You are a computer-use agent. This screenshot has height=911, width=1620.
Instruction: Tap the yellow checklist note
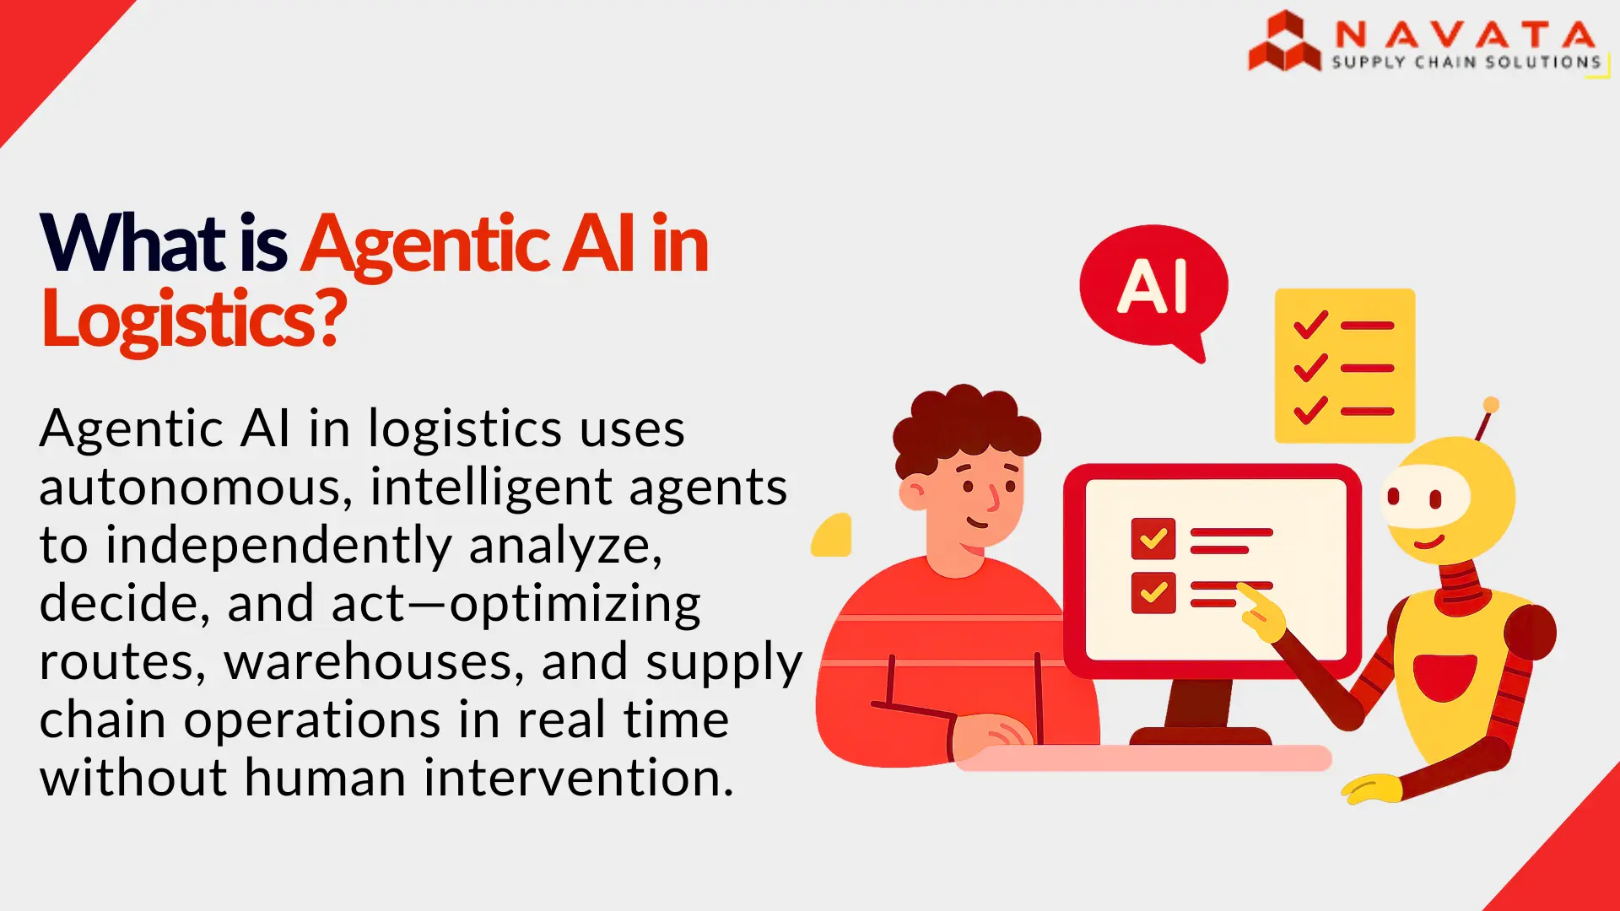point(1344,365)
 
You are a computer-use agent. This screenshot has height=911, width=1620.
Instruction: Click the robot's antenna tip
point(1491,405)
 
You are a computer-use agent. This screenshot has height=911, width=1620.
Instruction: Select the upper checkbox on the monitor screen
point(1153,538)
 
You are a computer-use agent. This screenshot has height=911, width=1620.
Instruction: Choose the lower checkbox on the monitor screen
point(1153,592)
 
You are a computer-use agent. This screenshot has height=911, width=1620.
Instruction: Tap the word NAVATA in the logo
point(1465,35)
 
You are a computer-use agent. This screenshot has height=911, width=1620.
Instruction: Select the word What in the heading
point(132,244)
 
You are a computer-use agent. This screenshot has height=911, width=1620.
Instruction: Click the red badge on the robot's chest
point(1444,676)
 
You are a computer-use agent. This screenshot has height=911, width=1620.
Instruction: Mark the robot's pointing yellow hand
point(1261,612)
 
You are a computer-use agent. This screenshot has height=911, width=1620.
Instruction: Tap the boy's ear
point(913,493)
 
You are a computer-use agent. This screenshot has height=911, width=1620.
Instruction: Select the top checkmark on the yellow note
point(1310,325)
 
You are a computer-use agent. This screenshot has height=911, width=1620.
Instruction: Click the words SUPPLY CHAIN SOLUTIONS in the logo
point(1466,62)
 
